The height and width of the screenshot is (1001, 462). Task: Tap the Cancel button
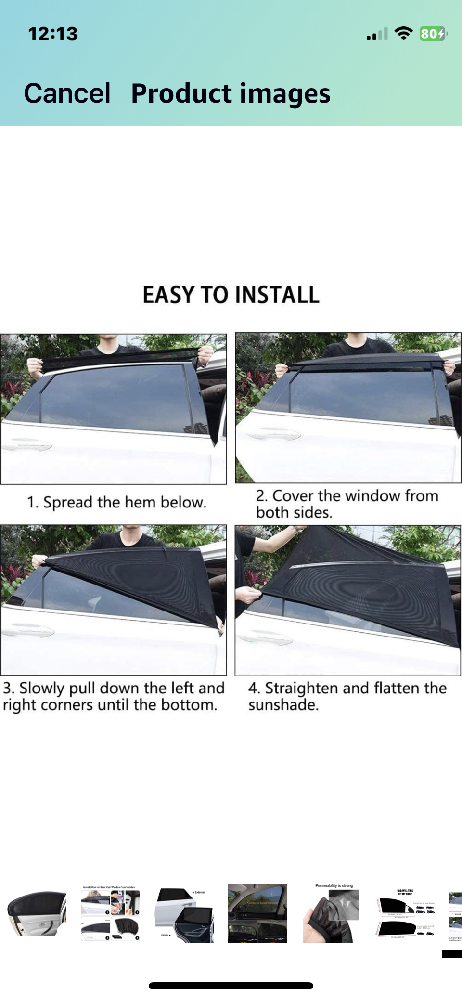tap(67, 93)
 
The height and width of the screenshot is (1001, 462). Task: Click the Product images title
tap(231, 93)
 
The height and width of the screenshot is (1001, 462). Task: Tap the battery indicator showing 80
tap(433, 34)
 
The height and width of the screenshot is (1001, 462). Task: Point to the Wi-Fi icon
tap(403, 34)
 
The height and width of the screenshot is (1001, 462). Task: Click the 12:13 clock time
tap(53, 34)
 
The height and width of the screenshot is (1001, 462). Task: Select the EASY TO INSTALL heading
tap(231, 295)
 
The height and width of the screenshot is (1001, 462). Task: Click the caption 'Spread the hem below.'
tap(116, 502)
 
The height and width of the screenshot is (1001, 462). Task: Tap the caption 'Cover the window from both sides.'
tap(346, 504)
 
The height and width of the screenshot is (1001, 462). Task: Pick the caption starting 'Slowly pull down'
tap(114, 696)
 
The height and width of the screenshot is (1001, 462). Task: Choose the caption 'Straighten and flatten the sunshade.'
tap(347, 696)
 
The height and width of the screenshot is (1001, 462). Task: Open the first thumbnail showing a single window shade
tap(37, 913)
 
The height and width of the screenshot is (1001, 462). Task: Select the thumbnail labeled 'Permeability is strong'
tap(332, 913)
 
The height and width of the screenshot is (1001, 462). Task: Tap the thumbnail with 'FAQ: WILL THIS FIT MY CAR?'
tap(406, 913)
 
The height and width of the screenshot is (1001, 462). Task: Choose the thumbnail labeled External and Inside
tap(184, 913)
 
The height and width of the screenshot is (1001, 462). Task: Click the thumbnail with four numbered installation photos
tap(110, 913)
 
